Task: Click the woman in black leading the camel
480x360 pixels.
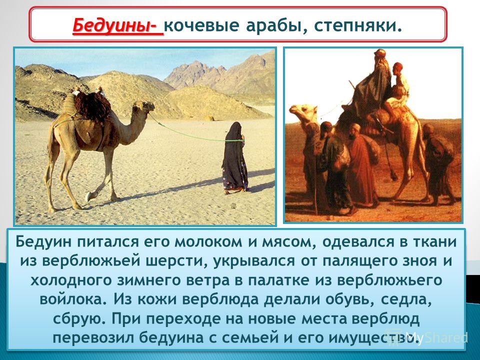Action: tap(234, 158)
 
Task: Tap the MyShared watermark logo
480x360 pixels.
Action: tap(426, 337)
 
